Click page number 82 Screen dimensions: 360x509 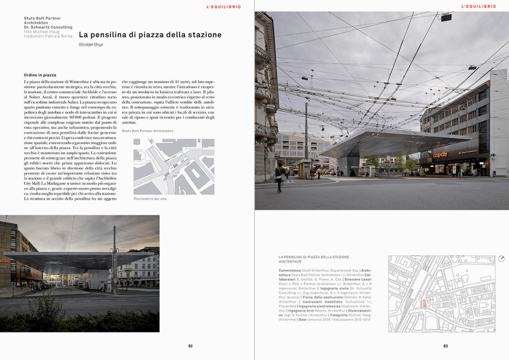(x=190, y=345)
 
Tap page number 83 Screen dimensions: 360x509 (x=445, y=345)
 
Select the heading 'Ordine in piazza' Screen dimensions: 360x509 (x=40, y=75)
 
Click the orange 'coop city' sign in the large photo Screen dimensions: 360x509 (x=440, y=154)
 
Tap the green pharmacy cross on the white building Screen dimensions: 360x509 (x=493, y=155)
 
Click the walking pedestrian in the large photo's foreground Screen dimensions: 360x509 (x=280, y=175)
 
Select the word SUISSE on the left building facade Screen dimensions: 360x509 (x=261, y=143)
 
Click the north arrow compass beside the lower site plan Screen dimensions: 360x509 (x=501, y=258)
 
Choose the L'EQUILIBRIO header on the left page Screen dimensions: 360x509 (x=223, y=7)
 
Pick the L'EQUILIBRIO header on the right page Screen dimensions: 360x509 (x=478, y=7)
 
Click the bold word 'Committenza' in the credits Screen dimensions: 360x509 (x=290, y=270)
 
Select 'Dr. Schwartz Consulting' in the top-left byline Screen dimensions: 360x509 (x=48, y=27)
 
